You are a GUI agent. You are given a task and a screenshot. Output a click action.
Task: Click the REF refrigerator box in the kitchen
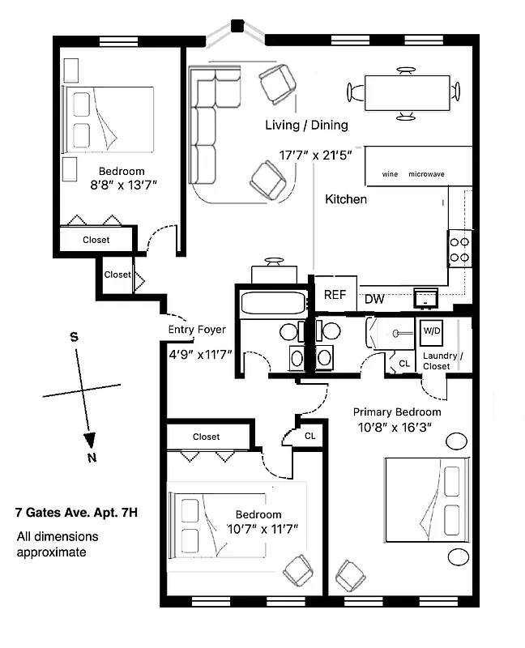335,294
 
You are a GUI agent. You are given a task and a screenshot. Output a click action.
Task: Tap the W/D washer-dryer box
428,331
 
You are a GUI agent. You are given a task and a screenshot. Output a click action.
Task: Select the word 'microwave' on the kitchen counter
426,174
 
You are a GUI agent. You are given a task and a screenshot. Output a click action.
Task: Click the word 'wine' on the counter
390,174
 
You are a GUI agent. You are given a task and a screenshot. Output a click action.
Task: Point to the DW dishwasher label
373,300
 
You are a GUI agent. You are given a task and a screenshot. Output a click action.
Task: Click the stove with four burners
459,248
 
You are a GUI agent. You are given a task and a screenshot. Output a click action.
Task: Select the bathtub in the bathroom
273,305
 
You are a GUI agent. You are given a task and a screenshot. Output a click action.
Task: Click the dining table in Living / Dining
406,92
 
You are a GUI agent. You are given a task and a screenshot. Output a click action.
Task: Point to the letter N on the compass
92,458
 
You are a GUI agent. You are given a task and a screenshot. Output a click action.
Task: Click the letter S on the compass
74,338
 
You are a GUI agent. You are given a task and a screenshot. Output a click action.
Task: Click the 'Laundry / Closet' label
442,361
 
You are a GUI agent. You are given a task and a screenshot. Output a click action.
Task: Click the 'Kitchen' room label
346,198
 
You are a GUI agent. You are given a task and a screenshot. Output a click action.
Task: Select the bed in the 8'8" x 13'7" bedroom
109,119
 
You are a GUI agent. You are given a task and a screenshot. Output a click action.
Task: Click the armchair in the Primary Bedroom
351,575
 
